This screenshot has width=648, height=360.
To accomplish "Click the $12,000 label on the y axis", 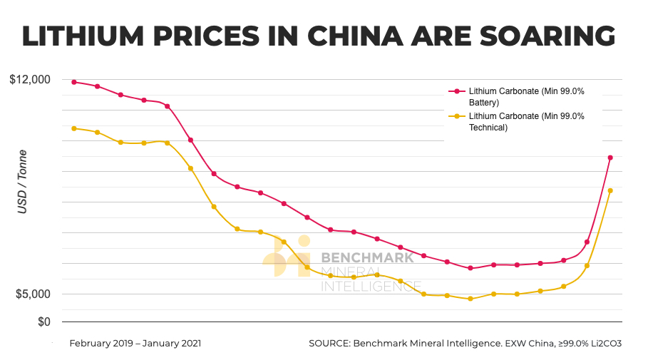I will pyautogui.click(x=30, y=79).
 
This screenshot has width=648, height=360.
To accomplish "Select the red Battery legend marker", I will pyautogui.click(x=454, y=91).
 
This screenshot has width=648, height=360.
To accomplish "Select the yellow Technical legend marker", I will pyautogui.click(x=454, y=116).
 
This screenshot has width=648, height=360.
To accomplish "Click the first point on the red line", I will pyautogui.click(x=74, y=82).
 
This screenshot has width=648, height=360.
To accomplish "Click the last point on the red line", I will pyautogui.click(x=610, y=158).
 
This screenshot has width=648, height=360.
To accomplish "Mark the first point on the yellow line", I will pyautogui.click(x=74, y=128).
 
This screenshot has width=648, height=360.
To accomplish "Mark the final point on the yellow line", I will pyautogui.click(x=610, y=190).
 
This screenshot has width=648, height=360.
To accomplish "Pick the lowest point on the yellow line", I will pyautogui.click(x=470, y=299).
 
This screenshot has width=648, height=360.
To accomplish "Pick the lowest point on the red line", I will pyautogui.click(x=470, y=268).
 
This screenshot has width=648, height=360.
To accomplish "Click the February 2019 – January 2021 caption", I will pyautogui.click(x=135, y=343).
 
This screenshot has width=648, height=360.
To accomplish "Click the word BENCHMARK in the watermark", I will pyautogui.click(x=367, y=257).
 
